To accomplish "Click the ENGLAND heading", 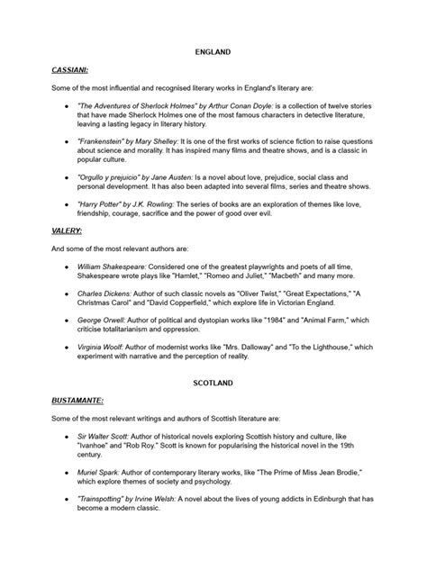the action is [213, 52].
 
